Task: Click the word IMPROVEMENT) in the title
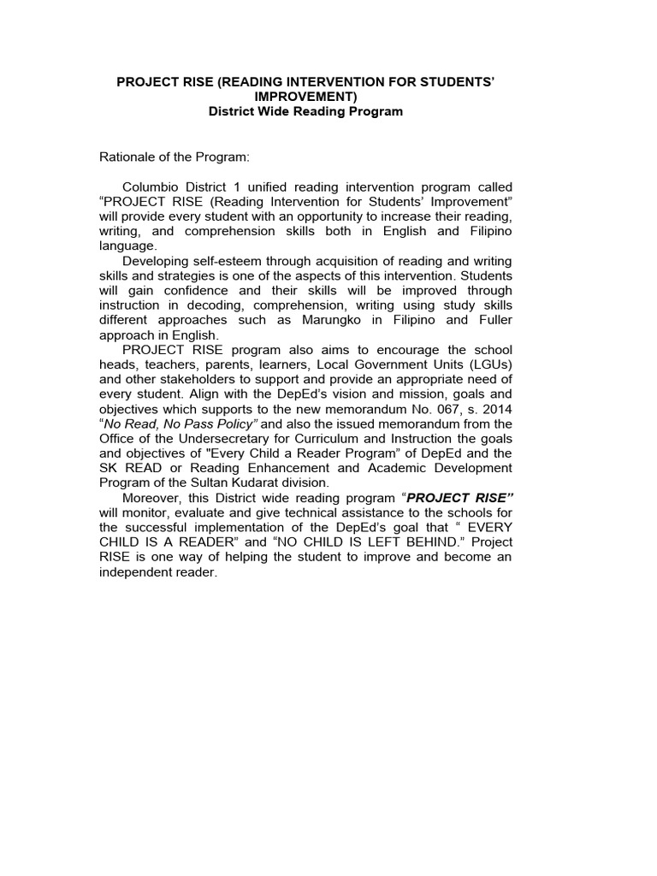[305, 97]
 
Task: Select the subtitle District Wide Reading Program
[305, 112]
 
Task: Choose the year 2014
[497, 408]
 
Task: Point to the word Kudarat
[275, 482]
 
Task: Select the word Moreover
[153, 497]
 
